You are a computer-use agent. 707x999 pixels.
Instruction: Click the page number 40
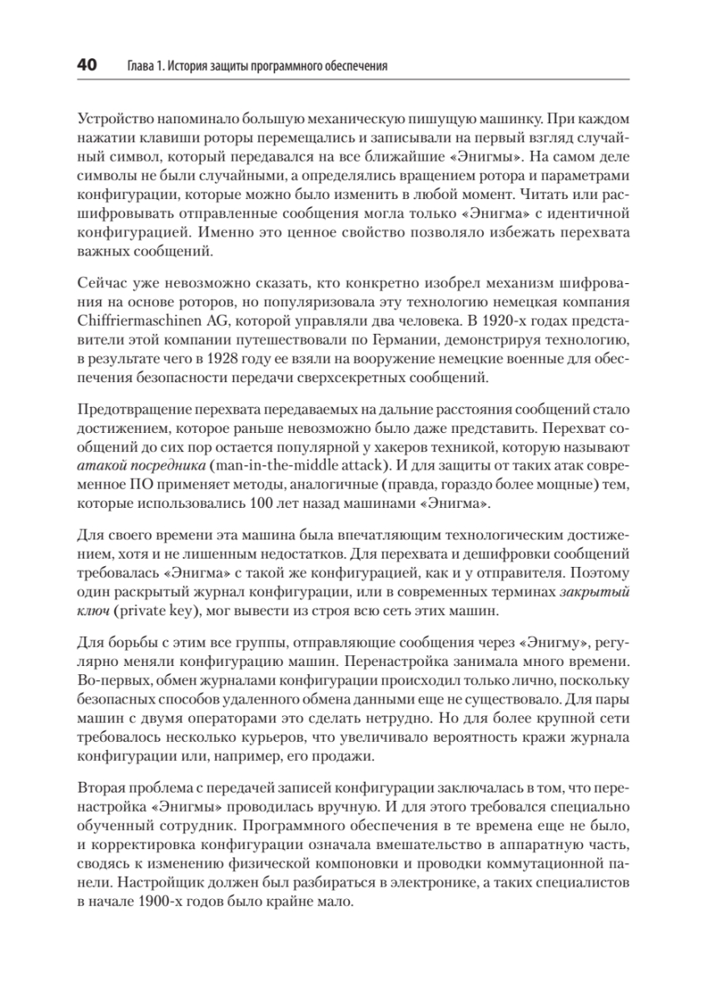(x=86, y=66)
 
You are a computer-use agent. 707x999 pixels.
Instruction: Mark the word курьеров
(x=279, y=738)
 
